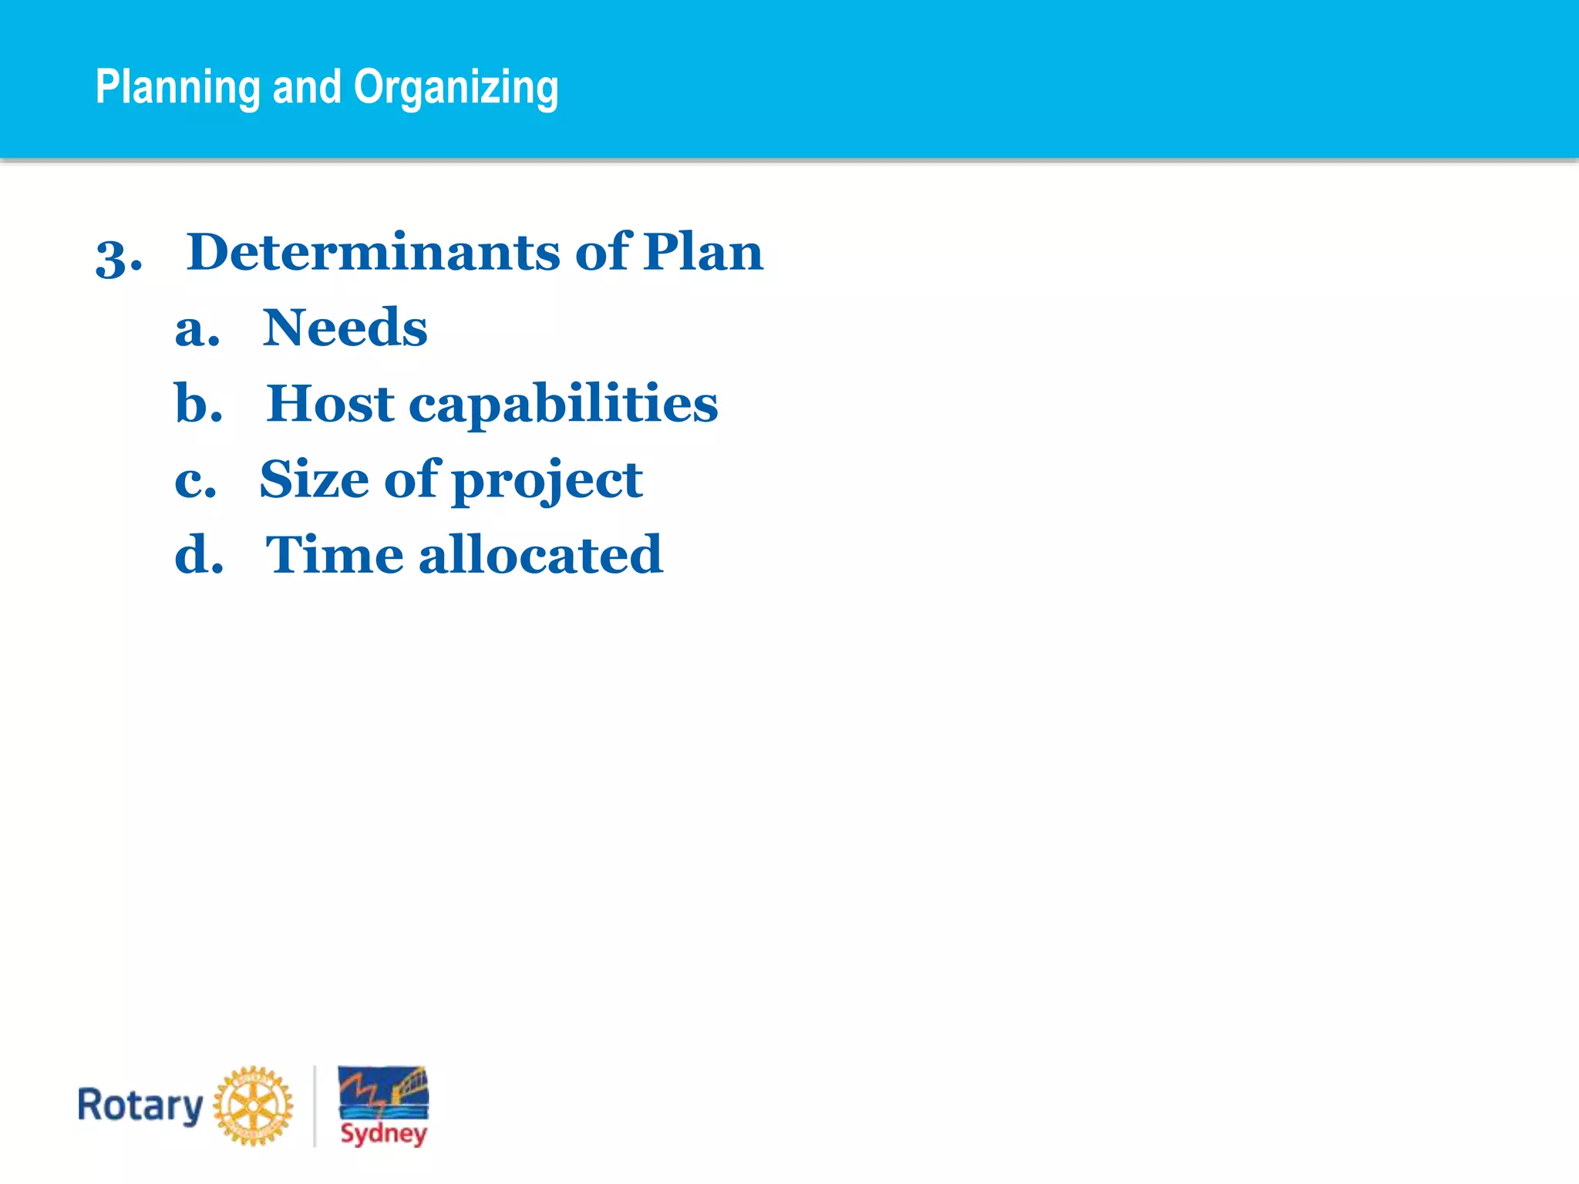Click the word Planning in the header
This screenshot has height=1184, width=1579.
click(177, 87)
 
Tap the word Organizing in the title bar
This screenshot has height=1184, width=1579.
click(456, 87)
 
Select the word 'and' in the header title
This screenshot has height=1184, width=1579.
click(307, 86)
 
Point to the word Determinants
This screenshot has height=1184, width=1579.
click(373, 252)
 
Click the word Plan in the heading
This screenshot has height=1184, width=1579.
click(702, 252)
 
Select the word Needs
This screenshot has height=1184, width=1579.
click(345, 328)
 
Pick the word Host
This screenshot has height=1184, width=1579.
click(330, 403)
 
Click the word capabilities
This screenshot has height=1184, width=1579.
click(563, 405)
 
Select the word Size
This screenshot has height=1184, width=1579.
click(314, 479)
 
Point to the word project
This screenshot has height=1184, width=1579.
click(547, 482)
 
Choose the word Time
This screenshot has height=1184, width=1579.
click(334, 554)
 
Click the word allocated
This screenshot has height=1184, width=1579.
click(540, 554)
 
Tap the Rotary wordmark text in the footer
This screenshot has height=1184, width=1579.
click(140, 1105)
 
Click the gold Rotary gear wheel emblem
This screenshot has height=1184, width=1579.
click(253, 1105)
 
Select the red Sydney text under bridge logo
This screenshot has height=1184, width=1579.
click(383, 1133)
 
